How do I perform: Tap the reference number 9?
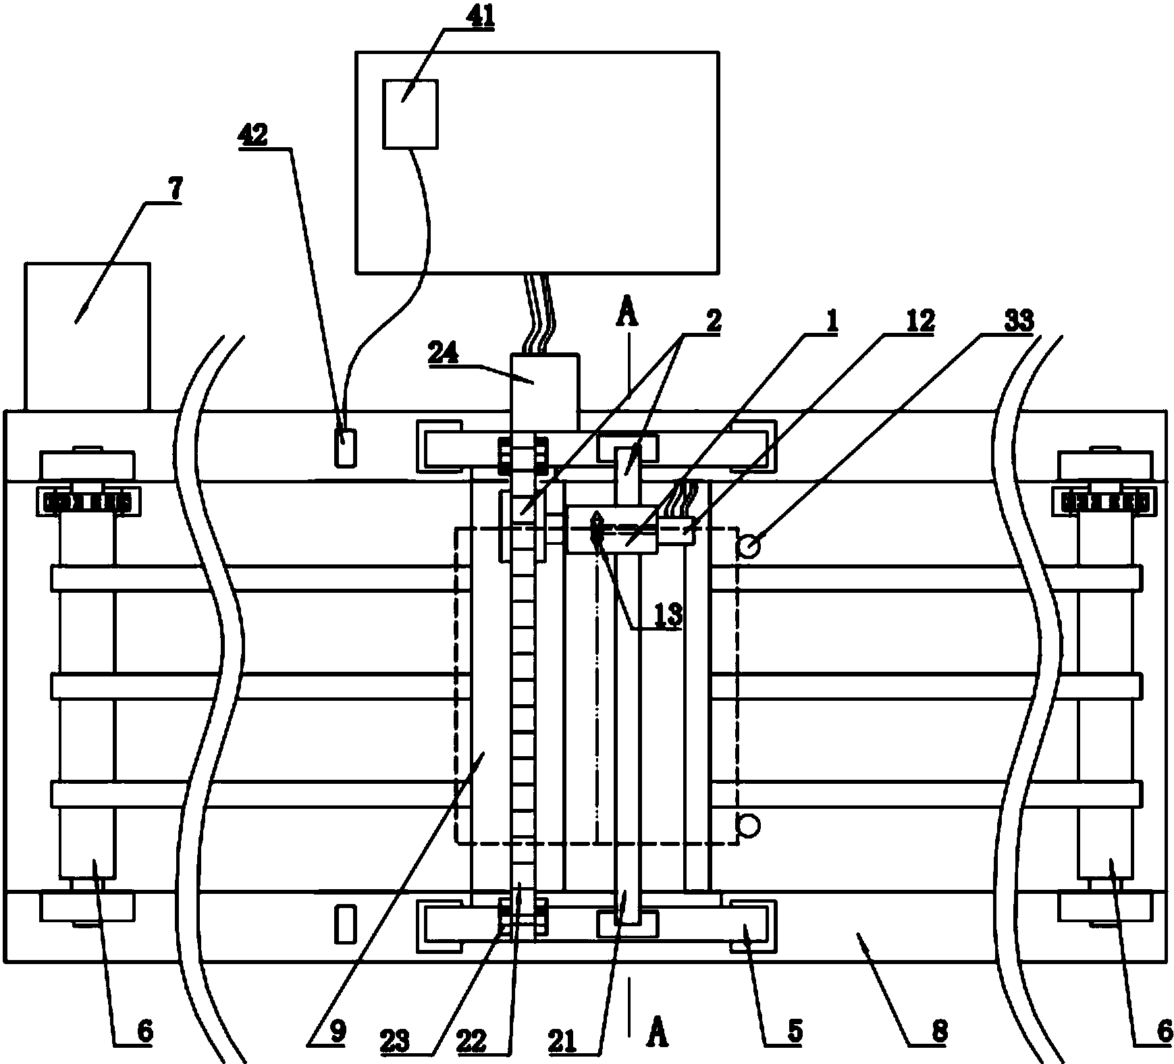(x=338, y=1030)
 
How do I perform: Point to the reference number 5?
(x=794, y=1030)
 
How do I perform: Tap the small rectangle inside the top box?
(x=410, y=113)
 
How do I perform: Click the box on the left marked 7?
(x=87, y=336)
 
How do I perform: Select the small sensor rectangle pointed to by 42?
(x=345, y=447)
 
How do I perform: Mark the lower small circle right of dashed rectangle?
(x=749, y=824)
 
